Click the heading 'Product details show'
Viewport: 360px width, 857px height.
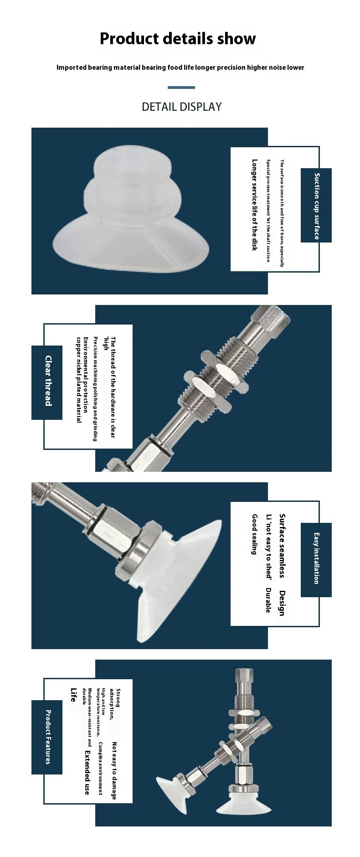[x=178, y=39]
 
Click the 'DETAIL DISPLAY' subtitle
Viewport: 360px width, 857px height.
[x=182, y=107]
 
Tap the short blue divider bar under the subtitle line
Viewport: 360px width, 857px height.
[x=181, y=88]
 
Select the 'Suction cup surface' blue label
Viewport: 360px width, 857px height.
[x=316, y=206]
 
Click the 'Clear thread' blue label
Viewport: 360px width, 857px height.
[x=47, y=382]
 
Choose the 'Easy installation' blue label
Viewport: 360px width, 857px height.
[x=316, y=560]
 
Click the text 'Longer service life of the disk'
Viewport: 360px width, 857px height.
[x=255, y=205]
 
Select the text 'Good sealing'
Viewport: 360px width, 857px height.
[x=255, y=534]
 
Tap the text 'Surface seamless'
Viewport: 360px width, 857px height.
[x=283, y=546]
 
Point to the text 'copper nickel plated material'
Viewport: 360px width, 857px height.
[x=79, y=380]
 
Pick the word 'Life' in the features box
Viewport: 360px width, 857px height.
[x=73, y=695]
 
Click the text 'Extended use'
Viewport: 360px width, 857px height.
[x=87, y=772]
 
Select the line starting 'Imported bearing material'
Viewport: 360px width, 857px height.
[x=180, y=67]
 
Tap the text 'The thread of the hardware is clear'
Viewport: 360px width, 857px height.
[x=113, y=387]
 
